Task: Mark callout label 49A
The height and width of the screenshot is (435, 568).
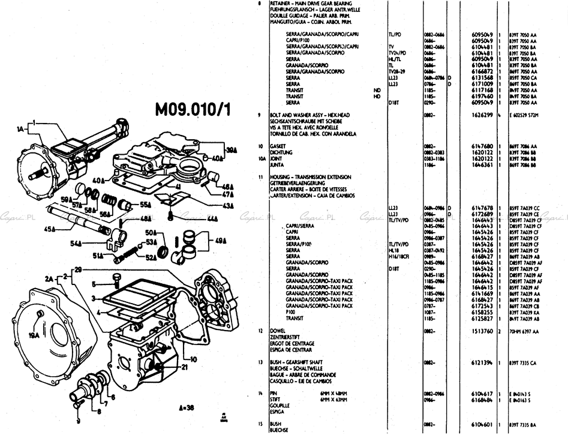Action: coord(221,241)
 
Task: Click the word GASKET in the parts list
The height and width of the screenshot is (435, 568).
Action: coord(278,146)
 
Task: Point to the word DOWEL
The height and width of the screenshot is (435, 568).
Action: coord(277,331)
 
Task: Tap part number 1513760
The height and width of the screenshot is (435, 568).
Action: coord(483,331)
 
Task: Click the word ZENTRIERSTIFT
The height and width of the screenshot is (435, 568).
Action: coord(286,337)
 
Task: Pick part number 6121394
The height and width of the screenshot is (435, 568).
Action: coord(483,363)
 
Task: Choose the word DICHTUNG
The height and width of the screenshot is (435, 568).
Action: coord(280,152)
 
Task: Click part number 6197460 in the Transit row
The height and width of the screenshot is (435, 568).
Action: coord(483,96)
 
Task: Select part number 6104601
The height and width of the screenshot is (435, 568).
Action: coord(483,424)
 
